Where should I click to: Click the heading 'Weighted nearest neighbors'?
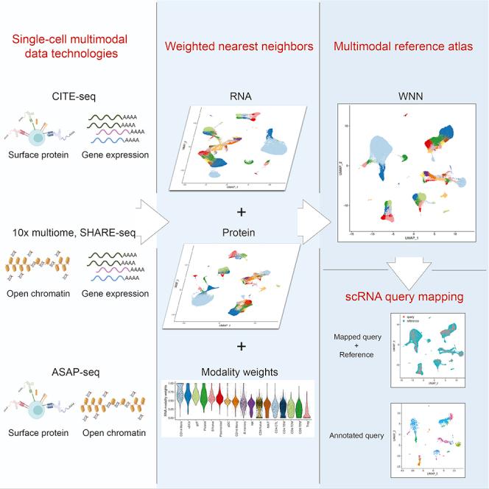[x=239, y=47]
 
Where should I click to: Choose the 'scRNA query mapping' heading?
[x=403, y=299]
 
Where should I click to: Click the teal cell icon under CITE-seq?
[x=38, y=127]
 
